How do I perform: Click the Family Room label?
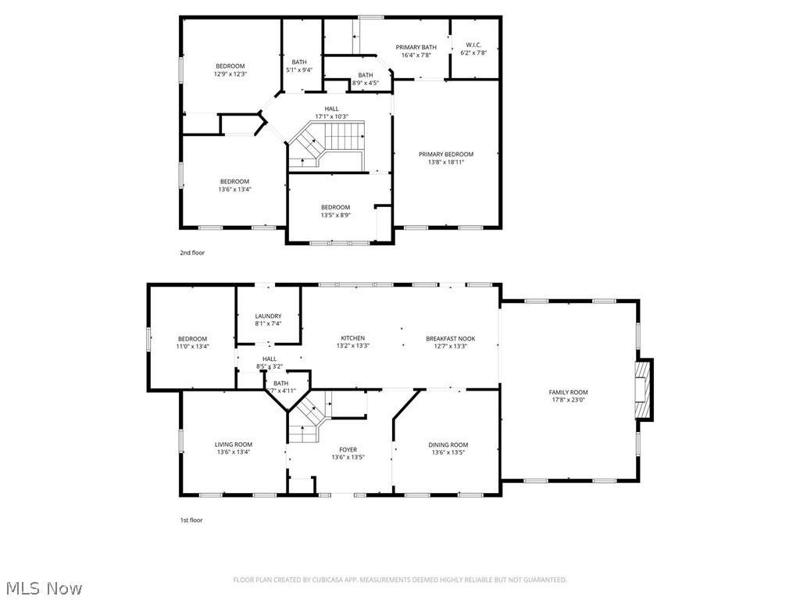568,392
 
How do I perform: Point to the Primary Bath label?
416,47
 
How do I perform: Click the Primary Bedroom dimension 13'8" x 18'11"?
445,162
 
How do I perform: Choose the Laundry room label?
268,316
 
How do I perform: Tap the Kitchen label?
352,338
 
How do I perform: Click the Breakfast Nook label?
450,338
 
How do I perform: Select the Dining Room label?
448,445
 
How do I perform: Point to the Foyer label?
348,449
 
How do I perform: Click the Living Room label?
234,445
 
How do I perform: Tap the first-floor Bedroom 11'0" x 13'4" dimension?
191,346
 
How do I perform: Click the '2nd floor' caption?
192,252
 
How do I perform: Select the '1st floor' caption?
191,520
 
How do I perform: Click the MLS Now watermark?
44,587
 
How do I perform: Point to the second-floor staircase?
328,145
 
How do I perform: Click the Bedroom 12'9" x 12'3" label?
230,66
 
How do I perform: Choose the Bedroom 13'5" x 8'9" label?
335,207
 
